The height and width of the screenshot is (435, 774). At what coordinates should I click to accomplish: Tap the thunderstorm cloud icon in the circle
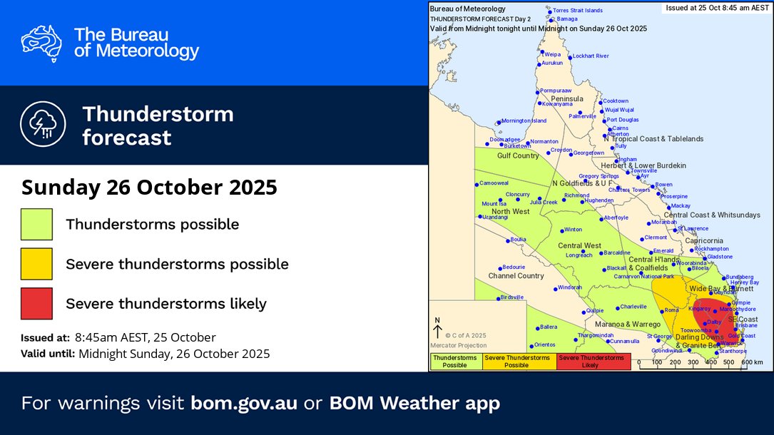click(x=42, y=125)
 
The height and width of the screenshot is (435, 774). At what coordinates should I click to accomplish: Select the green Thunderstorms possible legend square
click(x=36, y=225)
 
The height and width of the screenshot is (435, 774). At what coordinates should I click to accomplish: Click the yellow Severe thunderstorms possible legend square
click(x=36, y=264)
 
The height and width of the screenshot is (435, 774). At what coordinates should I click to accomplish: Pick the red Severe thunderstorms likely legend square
click(x=36, y=303)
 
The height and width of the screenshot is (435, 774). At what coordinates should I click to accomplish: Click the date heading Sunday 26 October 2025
click(x=148, y=188)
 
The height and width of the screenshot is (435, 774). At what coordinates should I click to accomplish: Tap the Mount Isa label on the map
click(x=494, y=204)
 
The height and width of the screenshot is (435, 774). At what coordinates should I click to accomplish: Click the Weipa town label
click(x=552, y=54)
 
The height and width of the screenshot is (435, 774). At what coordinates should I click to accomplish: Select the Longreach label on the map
click(x=579, y=255)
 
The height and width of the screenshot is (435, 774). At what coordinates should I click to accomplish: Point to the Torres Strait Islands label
click(x=578, y=11)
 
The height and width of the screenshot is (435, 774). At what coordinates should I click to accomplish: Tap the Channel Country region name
click(x=516, y=276)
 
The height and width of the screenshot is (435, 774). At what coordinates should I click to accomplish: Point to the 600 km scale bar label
click(x=751, y=362)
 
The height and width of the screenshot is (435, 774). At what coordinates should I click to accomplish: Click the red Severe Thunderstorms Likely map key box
click(x=594, y=361)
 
